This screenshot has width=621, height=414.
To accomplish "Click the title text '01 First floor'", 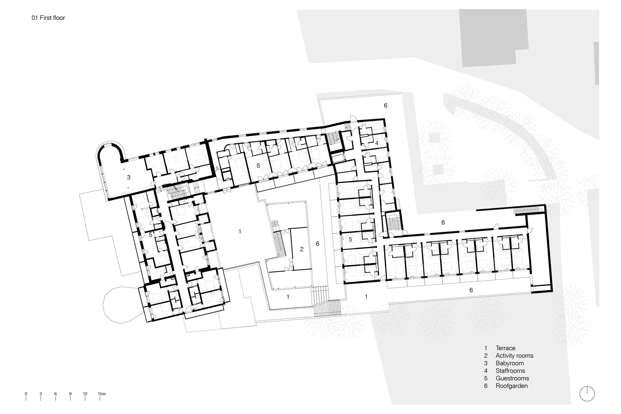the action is [48, 18].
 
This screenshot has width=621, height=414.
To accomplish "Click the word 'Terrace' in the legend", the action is [505, 348].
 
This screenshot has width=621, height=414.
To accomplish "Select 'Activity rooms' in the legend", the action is [514, 355].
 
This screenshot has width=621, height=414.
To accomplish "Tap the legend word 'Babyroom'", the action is [510, 363].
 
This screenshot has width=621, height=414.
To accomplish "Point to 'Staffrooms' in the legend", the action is [510, 371].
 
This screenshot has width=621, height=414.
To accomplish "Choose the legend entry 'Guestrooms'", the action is [512, 378].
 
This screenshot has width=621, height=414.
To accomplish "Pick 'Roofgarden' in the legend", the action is [512, 386].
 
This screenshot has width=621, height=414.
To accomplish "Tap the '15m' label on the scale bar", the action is [102, 394].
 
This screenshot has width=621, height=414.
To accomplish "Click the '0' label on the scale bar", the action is [26, 394].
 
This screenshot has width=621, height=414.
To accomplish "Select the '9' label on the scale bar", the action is [71, 394].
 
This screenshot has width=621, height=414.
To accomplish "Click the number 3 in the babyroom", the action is [129, 177].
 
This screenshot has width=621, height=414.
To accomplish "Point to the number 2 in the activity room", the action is [302, 249].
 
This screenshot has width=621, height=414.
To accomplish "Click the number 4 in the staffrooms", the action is [376, 143].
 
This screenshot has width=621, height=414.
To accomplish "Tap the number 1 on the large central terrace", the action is [240, 231].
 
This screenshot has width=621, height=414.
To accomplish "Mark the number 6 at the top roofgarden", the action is [386, 105].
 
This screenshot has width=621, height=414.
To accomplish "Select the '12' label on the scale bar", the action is [85, 394].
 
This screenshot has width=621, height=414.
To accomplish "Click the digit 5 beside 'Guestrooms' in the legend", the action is [486, 378].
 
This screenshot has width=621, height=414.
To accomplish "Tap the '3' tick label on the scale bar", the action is [41, 394].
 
